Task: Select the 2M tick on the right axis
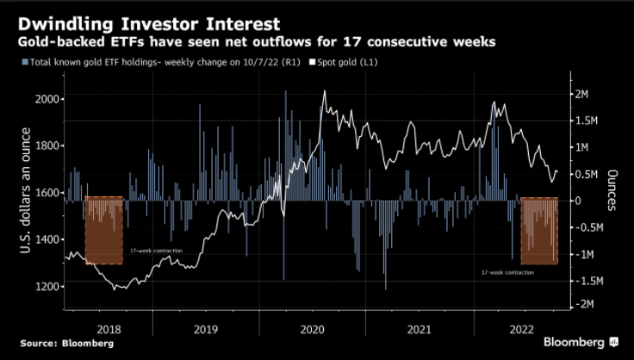pos(581,94)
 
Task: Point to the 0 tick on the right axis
pos(578,200)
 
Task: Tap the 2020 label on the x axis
pos(311,328)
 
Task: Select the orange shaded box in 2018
pos(104,230)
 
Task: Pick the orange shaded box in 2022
pos(539,230)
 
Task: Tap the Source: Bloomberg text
pos(67,344)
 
